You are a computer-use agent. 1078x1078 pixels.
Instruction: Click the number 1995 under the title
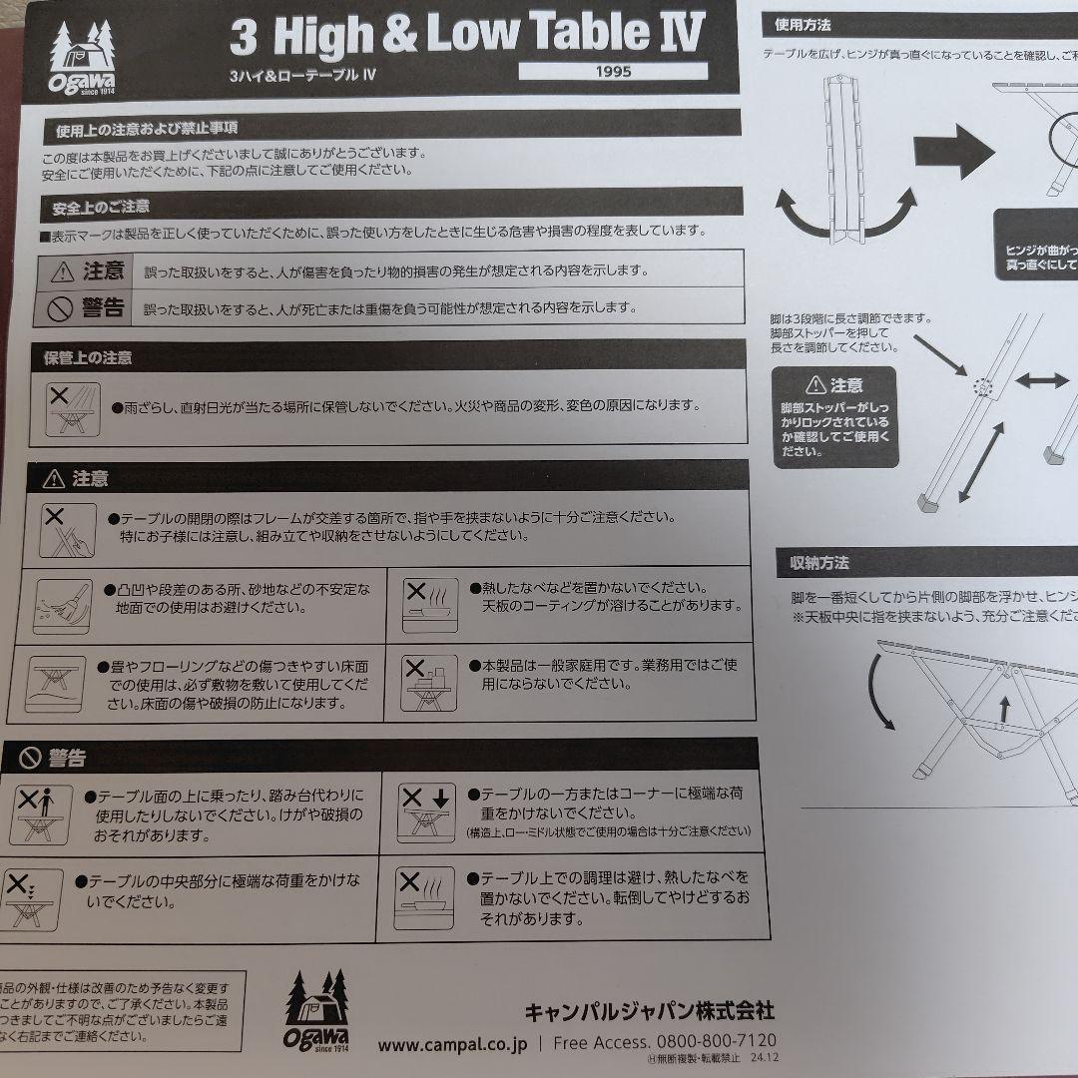pyautogui.click(x=613, y=72)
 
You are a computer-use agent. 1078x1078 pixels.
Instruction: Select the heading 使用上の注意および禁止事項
pyautogui.click(x=147, y=129)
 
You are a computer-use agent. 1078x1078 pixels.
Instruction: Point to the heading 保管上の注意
pyautogui.click(x=88, y=356)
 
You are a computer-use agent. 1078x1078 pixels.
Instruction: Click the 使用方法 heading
pyautogui.click(x=805, y=24)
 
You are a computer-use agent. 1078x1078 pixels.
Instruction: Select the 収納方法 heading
pyautogui.click(x=813, y=564)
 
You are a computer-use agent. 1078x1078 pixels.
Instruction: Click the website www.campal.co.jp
pyautogui.click(x=452, y=1044)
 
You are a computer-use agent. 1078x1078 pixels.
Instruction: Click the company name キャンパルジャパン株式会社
pyautogui.click(x=649, y=1011)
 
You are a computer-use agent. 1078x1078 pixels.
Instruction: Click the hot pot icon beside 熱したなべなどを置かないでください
pyautogui.click(x=430, y=604)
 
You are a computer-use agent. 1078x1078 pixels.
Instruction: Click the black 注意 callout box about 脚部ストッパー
pyautogui.click(x=834, y=417)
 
